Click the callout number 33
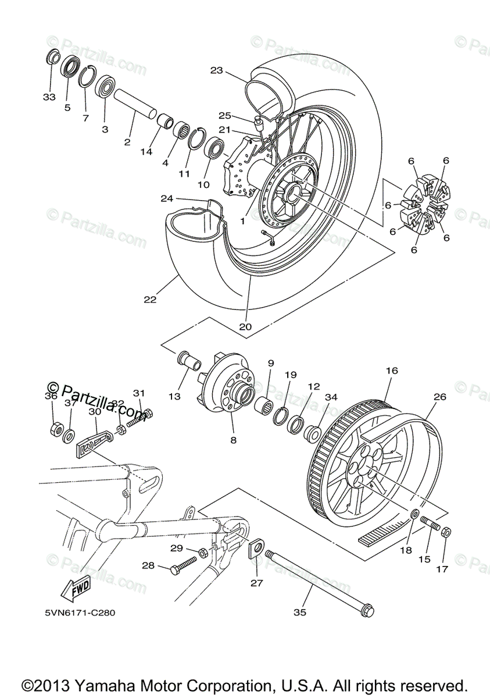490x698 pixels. pyautogui.click(x=49, y=97)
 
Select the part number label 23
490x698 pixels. pyautogui.click(x=216, y=70)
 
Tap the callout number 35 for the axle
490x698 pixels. pyautogui.click(x=300, y=611)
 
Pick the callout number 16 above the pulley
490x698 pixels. pyautogui.click(x=391, y=371)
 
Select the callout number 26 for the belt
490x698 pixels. pyautogui.click(x=440, y=397)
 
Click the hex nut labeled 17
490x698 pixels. pyautogui.click(x=446, y=532)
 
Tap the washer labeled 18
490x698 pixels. pyautogui.click(x=416, y=514)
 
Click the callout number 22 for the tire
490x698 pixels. pyautogui.click(x=150, y=300)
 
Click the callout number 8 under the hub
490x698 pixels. pyautogui.click(x=233, y=440)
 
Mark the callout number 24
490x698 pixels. pyautogui.click(x=167, y=199)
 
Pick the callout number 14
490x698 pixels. pyautogui.click(x=146, y=152)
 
